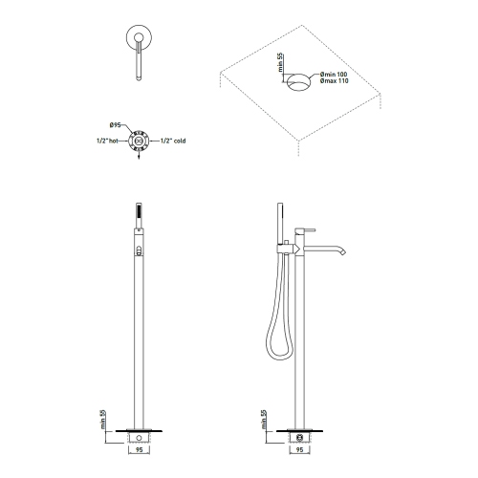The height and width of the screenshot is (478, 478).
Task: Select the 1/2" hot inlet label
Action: click(107, 141)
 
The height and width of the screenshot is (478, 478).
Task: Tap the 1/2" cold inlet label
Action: click(172, 141)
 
